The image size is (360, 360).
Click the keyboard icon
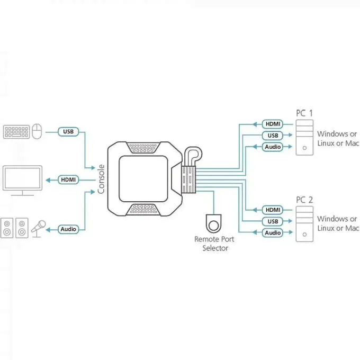point(16,131)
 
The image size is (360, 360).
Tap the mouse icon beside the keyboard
point(37,131)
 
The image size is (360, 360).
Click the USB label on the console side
point(68,131)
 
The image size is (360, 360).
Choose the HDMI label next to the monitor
point(68,180)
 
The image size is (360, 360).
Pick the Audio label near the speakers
point(68,229)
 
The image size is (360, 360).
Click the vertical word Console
point(101,179)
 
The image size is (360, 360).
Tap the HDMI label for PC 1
point(273,124)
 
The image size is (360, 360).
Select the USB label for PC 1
point(273,135)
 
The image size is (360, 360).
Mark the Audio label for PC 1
point(273,147)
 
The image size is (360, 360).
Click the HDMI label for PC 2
point(273,210)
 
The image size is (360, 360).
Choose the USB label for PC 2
point(273,221)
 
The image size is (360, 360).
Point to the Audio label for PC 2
point(273,232)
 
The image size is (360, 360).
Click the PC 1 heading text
point(304,113)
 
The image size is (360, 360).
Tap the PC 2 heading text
point(304,200)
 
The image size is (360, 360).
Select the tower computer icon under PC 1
point(304,137)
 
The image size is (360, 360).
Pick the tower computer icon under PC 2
point(304,224)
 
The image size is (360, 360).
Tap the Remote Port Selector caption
point(214,244)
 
